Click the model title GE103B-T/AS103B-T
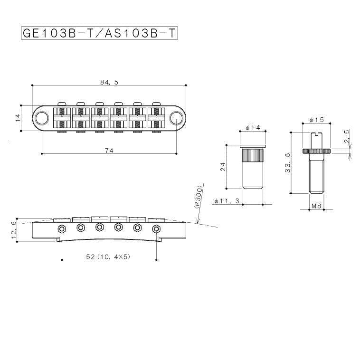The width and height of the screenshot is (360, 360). [x=99, y=34]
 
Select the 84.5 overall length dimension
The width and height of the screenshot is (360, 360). [x=109, y=82]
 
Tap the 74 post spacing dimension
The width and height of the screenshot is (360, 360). [x=109, y=151]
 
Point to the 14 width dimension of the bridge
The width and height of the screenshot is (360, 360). [x=18, y=118]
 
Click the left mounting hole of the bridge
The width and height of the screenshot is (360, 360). [x=41, y=118]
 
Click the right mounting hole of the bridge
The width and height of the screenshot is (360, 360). [x=176, y=118]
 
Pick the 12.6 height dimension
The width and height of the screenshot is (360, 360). [x=14, y=230]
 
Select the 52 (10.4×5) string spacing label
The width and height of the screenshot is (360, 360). [x=108, y=256]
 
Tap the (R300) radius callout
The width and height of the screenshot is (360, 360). [x=198, y=197]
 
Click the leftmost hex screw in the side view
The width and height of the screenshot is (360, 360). [x=62, y=228]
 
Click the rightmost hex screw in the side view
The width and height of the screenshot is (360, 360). [x=156, y=228]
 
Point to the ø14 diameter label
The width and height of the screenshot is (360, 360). [x=253, y=128]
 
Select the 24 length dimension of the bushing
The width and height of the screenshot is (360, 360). [x=223, y=167]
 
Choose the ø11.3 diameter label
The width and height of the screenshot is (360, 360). [x=227, y=201]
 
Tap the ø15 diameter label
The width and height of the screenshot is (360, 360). [x=317, y=120]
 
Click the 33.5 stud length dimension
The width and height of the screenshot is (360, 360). [x=288, y=163]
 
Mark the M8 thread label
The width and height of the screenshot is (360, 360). [x=316, y=206]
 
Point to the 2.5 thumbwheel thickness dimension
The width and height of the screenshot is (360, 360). [x=347, y=136]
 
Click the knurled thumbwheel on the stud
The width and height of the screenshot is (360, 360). [x=317, y=151]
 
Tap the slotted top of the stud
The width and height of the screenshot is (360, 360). [x=317, y=133]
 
